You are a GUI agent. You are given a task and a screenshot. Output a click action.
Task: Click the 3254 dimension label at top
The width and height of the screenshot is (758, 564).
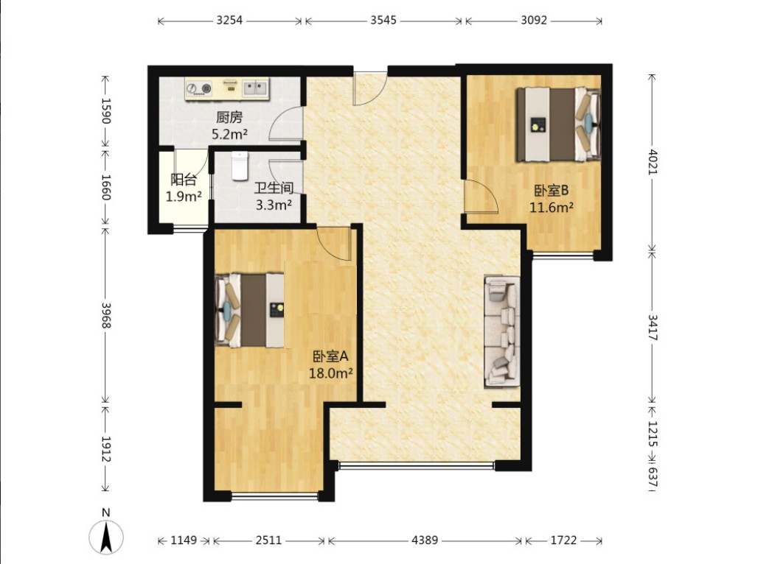click(229, 21)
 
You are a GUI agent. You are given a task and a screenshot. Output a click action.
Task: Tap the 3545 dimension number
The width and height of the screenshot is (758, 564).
click(383, 21)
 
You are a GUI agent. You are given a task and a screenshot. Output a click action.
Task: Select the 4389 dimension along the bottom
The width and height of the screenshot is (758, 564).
click(425, 540)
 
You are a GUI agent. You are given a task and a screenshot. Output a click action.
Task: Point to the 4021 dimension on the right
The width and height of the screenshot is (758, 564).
click(653, 162)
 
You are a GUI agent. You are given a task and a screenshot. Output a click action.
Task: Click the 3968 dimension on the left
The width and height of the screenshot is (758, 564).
click(106, 315)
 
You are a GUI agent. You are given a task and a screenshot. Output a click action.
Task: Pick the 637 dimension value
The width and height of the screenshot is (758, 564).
click(653, 477)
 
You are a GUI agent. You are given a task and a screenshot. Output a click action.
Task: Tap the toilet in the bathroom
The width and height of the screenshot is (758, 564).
click(240, 166)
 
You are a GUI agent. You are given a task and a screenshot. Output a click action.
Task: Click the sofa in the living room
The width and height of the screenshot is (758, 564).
click(502, 332)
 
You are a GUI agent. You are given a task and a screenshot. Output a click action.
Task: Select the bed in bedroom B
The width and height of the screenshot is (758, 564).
click(558, 124)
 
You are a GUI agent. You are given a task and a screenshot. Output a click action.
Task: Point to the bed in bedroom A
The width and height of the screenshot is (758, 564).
click(249, 311)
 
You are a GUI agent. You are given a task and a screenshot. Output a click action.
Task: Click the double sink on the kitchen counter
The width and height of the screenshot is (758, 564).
click(255, 88)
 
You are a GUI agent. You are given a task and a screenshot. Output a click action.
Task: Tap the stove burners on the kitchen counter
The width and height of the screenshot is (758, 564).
click(199, 88)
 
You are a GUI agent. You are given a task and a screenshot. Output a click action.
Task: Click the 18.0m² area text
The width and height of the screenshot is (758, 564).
click(330, 373)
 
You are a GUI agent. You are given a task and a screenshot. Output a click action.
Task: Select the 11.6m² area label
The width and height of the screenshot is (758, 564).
click(552, 208)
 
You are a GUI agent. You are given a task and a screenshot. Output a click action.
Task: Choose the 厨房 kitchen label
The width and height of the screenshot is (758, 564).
click(229, 117)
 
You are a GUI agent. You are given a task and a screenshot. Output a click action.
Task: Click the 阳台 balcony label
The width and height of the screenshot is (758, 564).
click(184, 180)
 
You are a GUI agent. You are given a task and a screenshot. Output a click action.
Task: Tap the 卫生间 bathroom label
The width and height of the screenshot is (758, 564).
click(274, 188)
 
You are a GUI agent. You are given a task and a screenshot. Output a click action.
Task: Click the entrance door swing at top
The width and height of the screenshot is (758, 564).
click(370, 88)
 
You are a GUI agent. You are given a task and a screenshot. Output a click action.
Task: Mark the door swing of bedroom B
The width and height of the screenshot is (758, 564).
click(481, 196)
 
